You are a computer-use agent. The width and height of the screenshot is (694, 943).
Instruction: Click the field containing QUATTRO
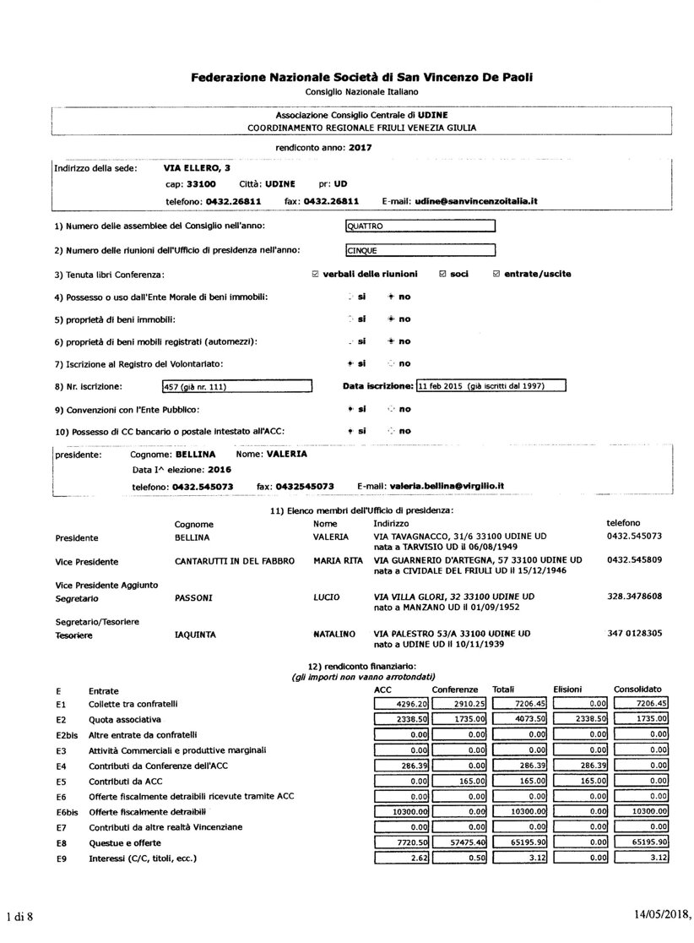[x=420, y=226]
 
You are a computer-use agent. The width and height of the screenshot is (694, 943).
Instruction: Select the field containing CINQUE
[x=420, y=250]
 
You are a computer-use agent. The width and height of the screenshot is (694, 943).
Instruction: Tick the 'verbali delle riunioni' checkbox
[x=316, y=274]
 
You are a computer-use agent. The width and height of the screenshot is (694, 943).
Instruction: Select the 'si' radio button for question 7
[x=350, y=363]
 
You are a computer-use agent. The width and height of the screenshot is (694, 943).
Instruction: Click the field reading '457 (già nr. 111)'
[x=236, y=387]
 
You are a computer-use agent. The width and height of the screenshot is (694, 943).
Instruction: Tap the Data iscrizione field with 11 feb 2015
[x=491, y=386]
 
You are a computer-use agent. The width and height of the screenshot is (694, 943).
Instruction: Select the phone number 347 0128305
[x=634, y=633]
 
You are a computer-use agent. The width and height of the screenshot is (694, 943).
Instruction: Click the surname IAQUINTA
[x=195, y=633]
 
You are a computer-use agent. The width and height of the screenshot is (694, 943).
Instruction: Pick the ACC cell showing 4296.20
[x=401, y=703]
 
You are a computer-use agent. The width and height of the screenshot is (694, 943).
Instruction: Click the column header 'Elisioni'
[x=568, y=690]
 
